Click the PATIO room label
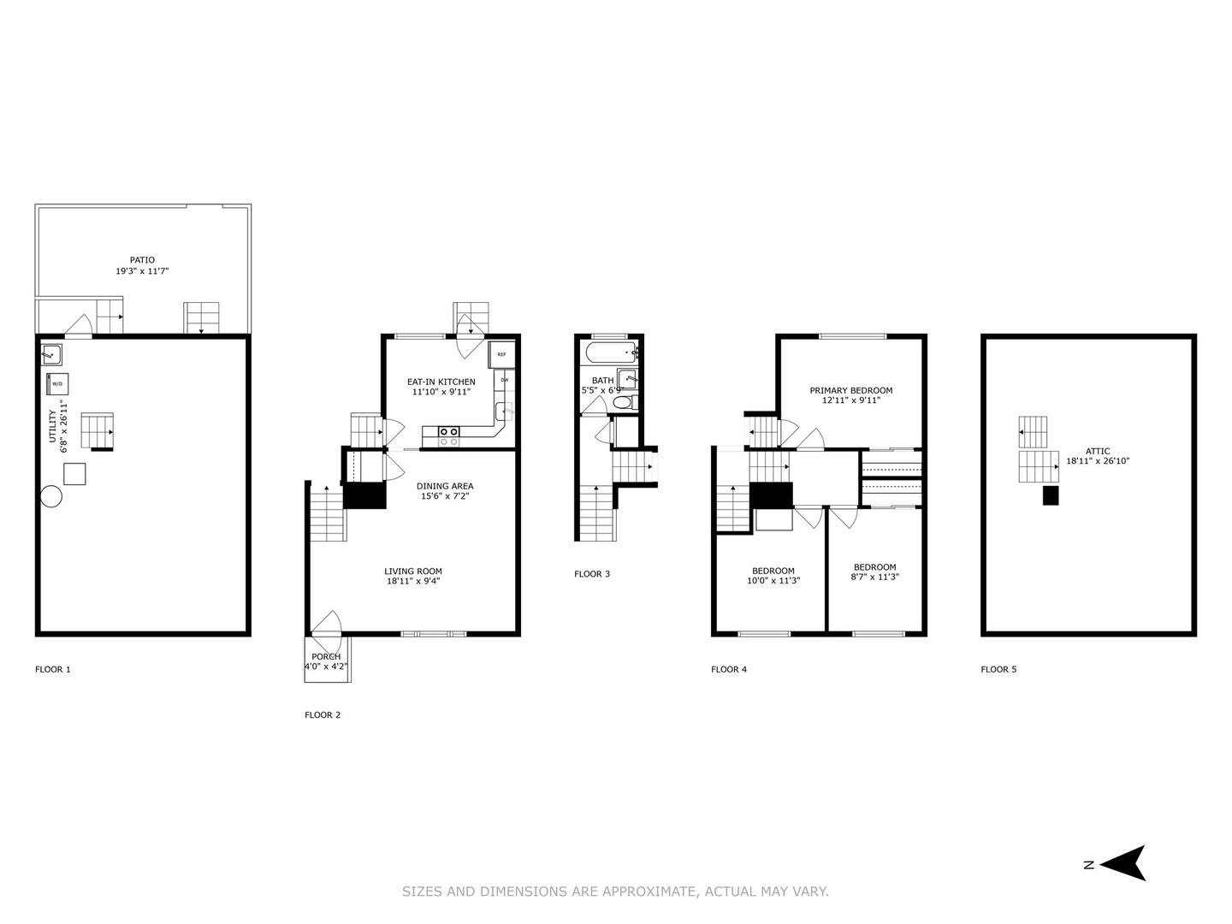pos(142,259)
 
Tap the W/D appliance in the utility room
pos(57,384)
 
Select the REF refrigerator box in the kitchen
pos(501,354)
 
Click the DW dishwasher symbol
pos(504,380)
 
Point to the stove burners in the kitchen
pos(448,436)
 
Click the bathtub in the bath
pos(611,352)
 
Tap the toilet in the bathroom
pos(623,402)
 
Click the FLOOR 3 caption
pos(592,574)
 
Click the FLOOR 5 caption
pos(998,669)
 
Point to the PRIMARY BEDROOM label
pos(850,390)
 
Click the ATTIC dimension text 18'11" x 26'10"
pos(1098,461)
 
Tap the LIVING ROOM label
pos(412,572)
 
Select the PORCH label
pos(326,656)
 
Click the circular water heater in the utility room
pos(50,496)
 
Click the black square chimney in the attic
pos(1051,495)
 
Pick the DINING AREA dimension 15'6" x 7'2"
pos(444,496)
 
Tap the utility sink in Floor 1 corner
pos(50,352)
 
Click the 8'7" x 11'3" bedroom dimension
pos(874,577)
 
